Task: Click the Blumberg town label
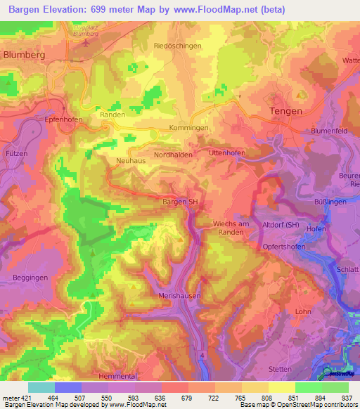click(x=25, y=53)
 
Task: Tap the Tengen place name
click(x=286, y=111)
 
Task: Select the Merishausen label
click(x=180, y=296)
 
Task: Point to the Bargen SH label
click(x=181, y=202)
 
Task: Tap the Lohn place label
click(x=303, y=311)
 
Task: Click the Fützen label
click(x=18, y=153)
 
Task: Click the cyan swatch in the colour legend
click(x=41, y=387)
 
